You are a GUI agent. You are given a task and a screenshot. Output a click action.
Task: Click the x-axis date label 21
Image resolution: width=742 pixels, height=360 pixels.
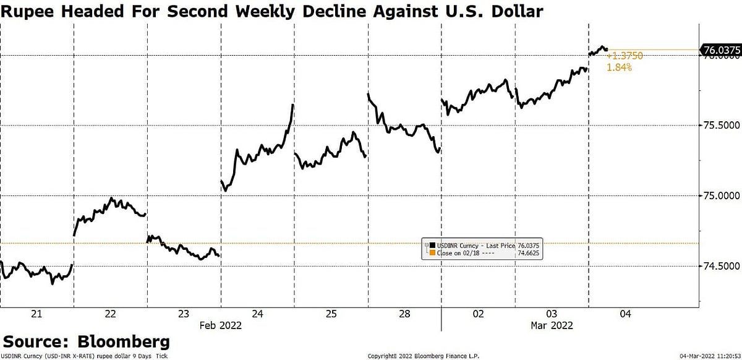coord(36,314)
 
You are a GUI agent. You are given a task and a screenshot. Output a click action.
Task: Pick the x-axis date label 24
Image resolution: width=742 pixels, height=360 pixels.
coord(257,314)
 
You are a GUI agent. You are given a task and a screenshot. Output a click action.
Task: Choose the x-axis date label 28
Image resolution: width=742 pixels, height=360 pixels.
coord(404,314)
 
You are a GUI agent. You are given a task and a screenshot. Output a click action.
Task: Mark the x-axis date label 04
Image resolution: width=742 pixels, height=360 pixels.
coord(625,314)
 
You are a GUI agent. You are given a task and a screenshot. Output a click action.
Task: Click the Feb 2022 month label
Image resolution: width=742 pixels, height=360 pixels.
coord(220,325)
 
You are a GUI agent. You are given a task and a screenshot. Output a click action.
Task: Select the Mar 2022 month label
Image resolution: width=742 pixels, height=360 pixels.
coord(552,325)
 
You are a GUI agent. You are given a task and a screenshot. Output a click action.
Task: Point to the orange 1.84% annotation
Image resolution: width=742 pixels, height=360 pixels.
coord(619,67)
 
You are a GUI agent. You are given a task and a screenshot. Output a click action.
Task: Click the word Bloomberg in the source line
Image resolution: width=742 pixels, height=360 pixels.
coord(123,341)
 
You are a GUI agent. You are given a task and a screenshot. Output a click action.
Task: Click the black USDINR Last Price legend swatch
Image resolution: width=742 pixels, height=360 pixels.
coord(432,246)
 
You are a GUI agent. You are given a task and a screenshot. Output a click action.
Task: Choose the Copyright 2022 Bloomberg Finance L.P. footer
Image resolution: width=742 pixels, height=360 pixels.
coord(419,356)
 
